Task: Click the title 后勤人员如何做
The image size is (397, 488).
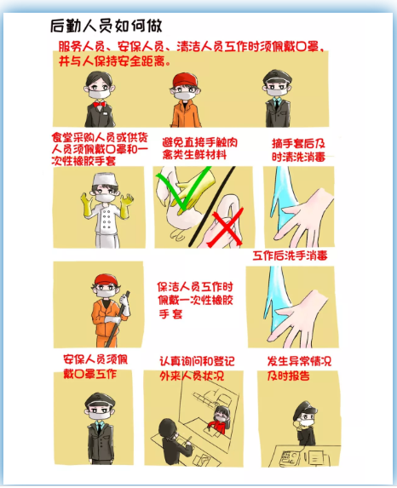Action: pos(106,26)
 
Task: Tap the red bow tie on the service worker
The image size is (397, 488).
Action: pos(99,104)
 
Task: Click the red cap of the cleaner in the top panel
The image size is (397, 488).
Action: pos(185,80)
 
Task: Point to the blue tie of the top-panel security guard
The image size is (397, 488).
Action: pos(277,104)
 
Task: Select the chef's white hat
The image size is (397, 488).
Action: pos(105,180)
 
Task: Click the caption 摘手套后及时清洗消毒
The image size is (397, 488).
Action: pos(298,150)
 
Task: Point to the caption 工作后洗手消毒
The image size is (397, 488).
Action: pos(290,255)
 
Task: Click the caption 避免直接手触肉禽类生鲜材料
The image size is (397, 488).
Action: pos(199,149)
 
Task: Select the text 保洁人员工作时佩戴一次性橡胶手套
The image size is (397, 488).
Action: pos(195,300)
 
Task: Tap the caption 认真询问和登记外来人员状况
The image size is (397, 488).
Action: pos(197,369)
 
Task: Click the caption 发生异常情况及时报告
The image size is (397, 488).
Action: pos(299,369)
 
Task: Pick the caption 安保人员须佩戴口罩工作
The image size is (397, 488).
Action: pos(95,366)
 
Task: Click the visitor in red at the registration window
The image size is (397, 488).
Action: pos(220,420)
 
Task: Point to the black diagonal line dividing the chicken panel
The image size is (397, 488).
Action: pos(211,206)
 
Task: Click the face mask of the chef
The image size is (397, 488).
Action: pos(104,198)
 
